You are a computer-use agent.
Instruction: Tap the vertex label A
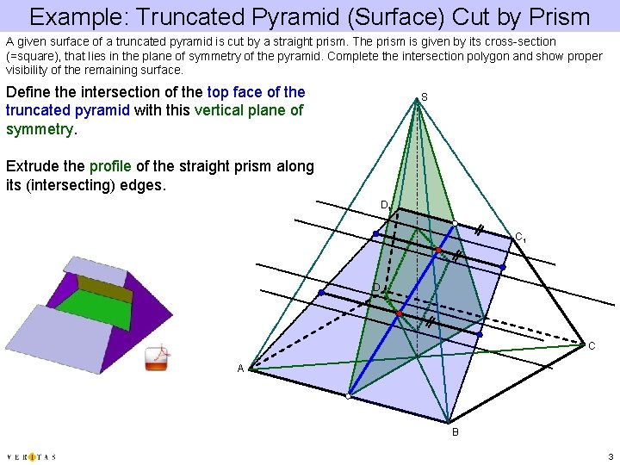[x=241, y=369]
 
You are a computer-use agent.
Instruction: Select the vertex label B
[x=456, y=431]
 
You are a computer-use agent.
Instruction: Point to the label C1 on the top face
[x=520, y=237]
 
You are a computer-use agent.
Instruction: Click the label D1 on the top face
[x=385, y=205]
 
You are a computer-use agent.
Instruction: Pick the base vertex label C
[x=592, y=345]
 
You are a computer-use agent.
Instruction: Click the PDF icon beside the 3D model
[x=157, y=357]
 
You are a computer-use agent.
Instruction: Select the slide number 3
[x=610, y=456]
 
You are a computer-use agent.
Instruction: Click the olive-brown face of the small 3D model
[x=105, y=288]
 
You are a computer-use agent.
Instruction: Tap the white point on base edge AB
[x=348, y=397]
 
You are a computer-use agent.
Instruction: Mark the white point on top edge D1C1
[x=455, y=223]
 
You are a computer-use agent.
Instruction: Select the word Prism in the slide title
[x=560, y=16]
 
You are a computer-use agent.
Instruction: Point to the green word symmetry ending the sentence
[x=40, y=129]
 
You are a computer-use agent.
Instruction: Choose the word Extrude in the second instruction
[x=31, y=166]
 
